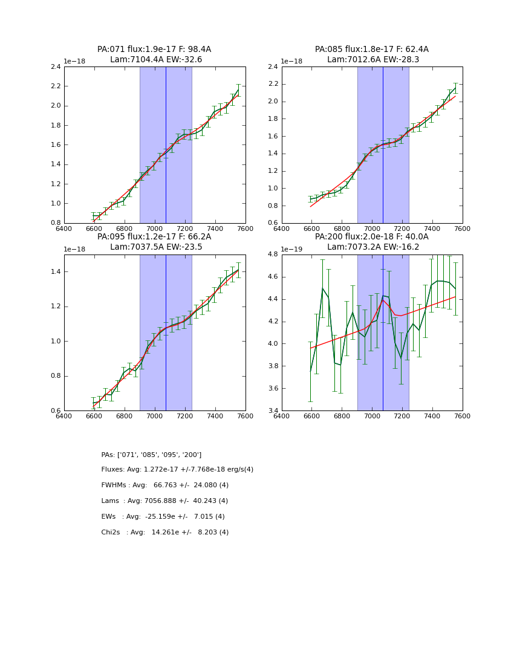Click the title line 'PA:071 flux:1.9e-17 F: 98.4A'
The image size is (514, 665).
pos(154,50)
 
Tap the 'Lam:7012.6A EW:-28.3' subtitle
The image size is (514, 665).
pos(372,60)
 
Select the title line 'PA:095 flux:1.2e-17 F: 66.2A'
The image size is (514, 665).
pos(154,237)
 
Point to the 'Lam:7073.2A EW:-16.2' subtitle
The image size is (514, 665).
pos(372,247)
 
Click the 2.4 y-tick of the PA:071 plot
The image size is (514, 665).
pos(55,67)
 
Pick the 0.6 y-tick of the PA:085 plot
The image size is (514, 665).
pos(273,224)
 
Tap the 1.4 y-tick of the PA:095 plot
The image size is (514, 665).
pos(55,271)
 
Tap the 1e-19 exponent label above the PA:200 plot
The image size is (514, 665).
pos(293,249)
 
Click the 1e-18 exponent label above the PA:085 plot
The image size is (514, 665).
pos(293,62)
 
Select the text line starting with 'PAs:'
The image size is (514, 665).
pos(151,455)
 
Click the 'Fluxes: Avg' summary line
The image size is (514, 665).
pos(177,470)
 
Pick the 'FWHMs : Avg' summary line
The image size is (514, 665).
pos(164,485)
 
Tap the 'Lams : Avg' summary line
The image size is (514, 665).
pos(164,501)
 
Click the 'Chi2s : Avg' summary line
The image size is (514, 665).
pos(164,533)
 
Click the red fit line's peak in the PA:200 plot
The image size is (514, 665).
pos(383,300)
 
